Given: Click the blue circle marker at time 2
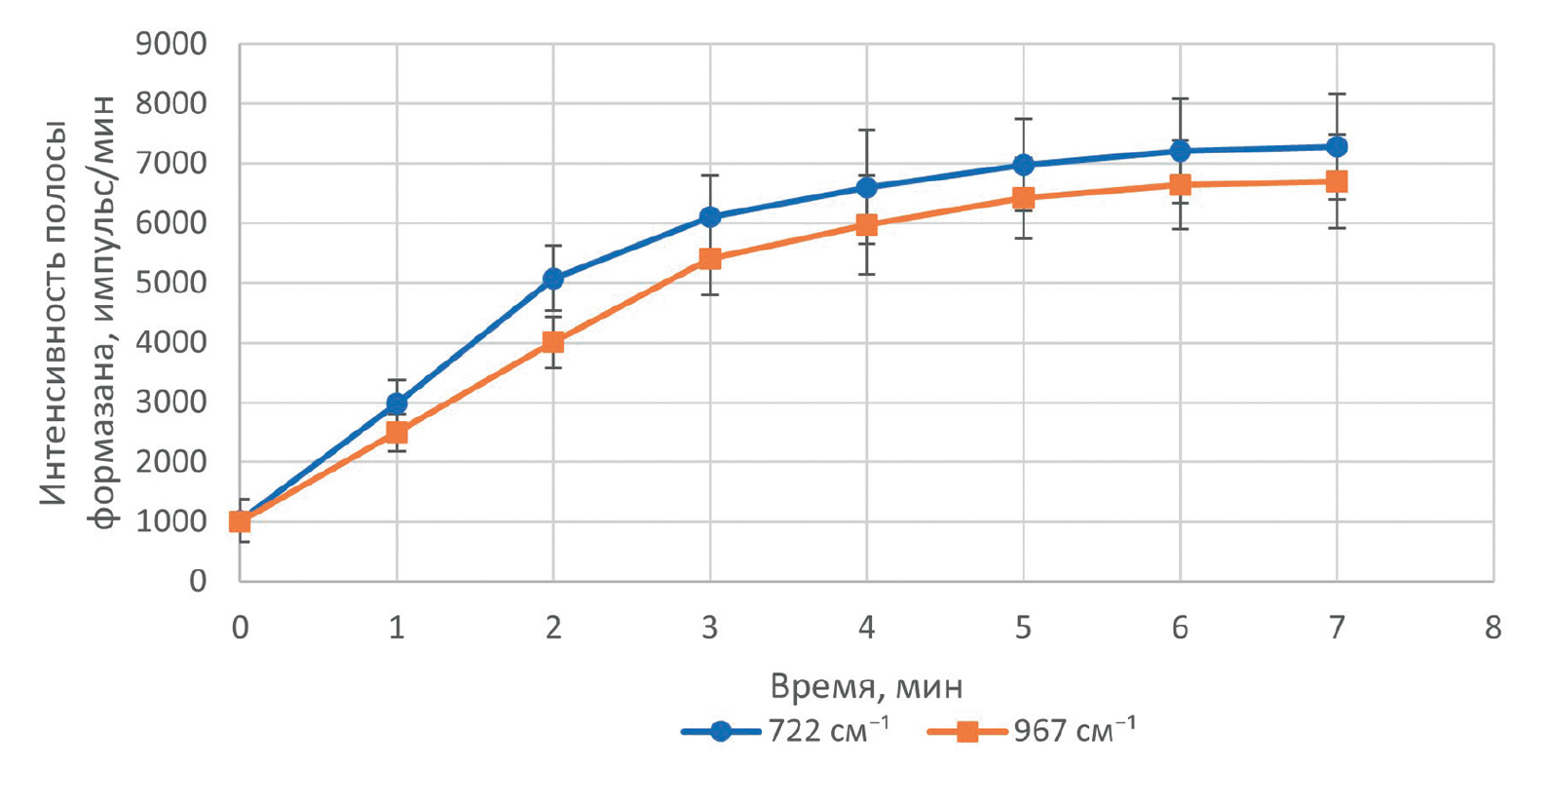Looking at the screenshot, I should (553, 279).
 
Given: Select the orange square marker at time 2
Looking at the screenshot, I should (553, 342).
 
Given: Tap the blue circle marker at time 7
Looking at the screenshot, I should (1337, 147).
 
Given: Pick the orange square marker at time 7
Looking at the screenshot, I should (1337, 182).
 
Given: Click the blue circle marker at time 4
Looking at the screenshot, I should (866, 187).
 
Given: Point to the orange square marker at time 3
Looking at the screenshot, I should (710, 259).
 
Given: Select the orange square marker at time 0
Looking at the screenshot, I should (240, 522).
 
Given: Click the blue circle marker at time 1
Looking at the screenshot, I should (396, 403).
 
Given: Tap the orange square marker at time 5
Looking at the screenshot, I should (1023, 199).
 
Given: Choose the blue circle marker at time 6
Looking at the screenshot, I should (1180, 151).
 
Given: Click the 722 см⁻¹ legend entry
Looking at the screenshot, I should (784, 731).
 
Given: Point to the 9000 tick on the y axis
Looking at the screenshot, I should (171, 45).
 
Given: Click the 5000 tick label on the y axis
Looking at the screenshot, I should (171, 283).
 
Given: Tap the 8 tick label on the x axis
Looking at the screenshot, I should (1492, 629).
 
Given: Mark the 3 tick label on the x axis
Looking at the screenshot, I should (710, 629).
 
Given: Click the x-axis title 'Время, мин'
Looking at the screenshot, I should (866, 687).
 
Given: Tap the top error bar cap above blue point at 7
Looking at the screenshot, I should (1337, 95).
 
